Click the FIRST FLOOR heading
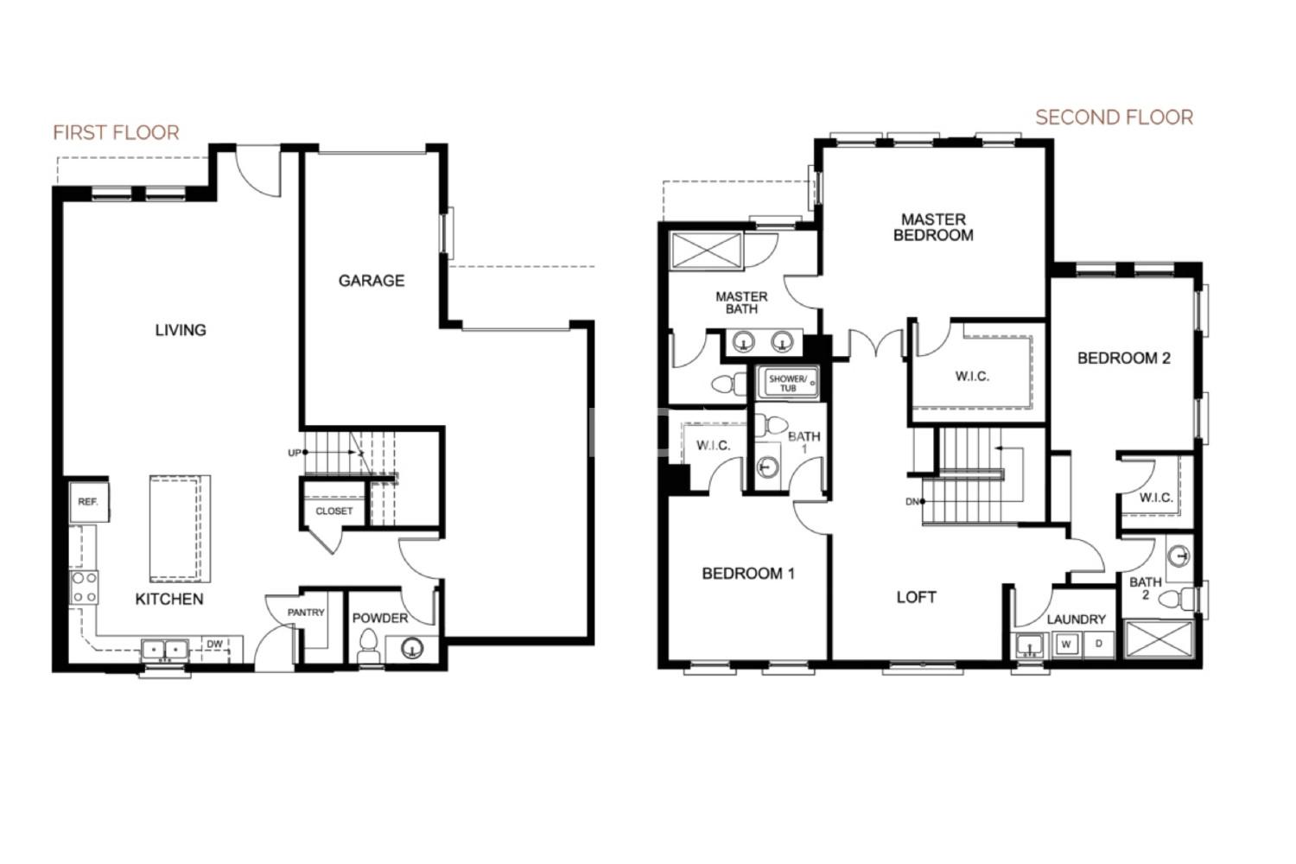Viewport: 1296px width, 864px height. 116,132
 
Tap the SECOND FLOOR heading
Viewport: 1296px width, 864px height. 1114,118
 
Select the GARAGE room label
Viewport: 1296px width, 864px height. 372,281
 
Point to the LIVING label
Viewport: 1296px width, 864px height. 181,330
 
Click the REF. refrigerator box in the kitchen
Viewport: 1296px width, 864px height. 88,501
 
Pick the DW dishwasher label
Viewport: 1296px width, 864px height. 214,644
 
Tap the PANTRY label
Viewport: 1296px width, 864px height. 306,613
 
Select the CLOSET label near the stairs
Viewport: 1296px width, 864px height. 334,511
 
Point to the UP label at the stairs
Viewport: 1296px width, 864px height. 295,453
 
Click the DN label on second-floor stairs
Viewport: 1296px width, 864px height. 912,502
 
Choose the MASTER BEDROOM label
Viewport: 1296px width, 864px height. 933,227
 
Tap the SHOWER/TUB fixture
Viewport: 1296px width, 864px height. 787,382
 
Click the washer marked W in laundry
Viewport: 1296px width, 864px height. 1065,644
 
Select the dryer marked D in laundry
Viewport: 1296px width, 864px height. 1099,644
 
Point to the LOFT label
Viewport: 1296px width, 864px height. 917,597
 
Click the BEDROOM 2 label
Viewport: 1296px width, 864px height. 1123,359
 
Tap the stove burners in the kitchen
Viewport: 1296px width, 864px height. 85,588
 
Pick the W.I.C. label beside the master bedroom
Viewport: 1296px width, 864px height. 972,376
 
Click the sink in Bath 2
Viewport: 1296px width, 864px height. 1178,556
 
